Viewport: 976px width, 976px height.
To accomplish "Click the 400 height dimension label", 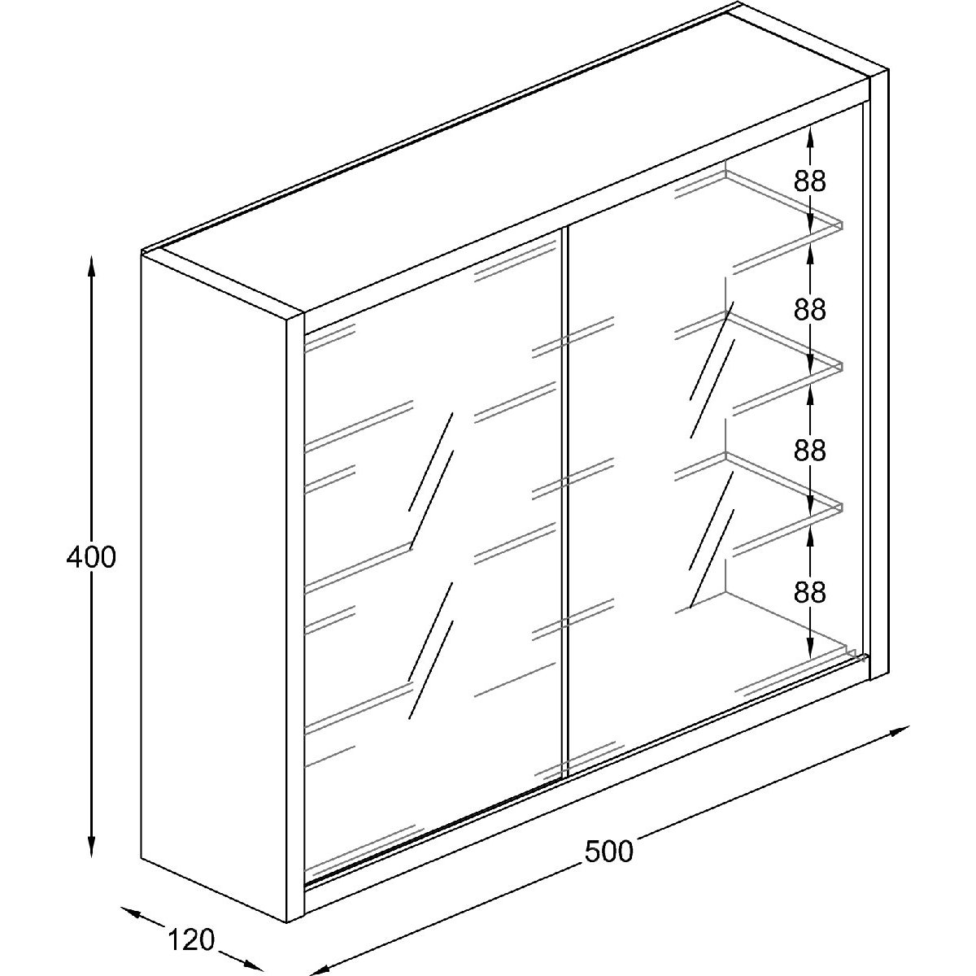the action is pos(91,557).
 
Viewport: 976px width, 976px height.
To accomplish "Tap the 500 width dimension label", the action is pos(608,851).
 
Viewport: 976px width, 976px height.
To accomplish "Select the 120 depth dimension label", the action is pos(192,940).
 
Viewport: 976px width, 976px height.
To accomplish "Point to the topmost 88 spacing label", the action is pos(810,181).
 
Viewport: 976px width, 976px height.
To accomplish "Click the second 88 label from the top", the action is pos(810,310).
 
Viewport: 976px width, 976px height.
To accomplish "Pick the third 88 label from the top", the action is pos(810,450).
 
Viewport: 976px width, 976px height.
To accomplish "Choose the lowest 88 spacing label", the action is pos(810,593).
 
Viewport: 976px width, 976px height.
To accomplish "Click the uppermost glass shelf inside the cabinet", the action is pos(781,207).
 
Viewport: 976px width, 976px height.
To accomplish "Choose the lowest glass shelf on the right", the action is pos(781,488).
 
